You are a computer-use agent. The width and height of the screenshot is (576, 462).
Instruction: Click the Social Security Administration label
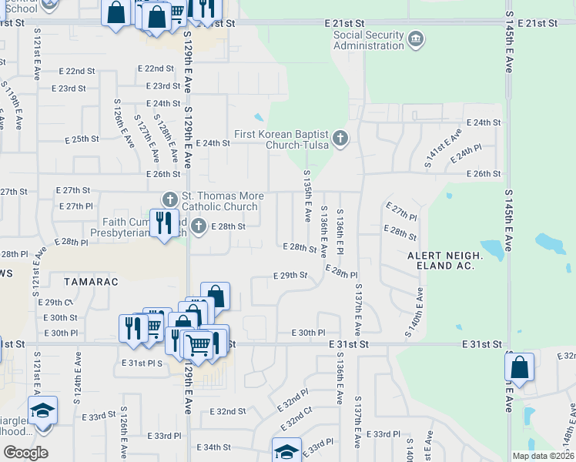coord(368,40)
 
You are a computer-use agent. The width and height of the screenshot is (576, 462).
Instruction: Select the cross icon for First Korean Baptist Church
coord(340,139)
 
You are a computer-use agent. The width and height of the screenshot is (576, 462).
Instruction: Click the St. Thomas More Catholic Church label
coord(222,202)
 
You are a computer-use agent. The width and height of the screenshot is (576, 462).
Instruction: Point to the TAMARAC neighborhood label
coord(92,282)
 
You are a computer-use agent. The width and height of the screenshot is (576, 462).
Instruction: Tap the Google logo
coord(25,453)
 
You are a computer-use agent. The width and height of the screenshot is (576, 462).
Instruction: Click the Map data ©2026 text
coord(544,456)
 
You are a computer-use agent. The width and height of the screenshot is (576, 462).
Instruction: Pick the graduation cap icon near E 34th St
coord(286,450)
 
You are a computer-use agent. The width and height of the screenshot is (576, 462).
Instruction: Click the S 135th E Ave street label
coord(306,196)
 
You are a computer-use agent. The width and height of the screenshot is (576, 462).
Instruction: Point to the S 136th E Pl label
coord(340,232)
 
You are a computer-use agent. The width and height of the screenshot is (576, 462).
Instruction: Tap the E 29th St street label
coord(290,275)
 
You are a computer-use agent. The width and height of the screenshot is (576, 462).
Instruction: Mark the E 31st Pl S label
coord(143,362)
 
